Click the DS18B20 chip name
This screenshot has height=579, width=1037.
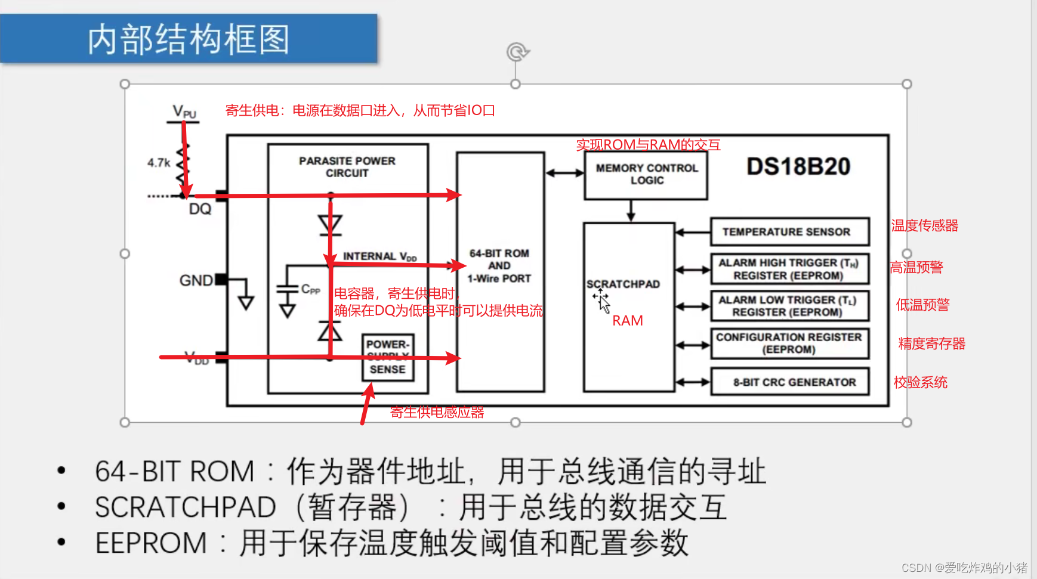pyautogui.click(x=798, y=167)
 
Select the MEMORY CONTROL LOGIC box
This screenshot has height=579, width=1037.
pyautogui.click(x=646, y=175)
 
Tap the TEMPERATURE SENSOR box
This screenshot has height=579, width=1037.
pyautogui.click(x=789, y=232)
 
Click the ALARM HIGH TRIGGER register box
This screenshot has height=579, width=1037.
pyautogui.click(x=789, y=269)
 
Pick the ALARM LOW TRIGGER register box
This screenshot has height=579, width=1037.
pyautogui.click(x=789, y=306)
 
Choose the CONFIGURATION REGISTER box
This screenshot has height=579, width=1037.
pyautogui.click(x=789, y=343)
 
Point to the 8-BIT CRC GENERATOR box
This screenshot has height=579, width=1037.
pyautogui.click(x=789, y=382)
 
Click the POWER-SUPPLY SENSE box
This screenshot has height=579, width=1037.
pyautogui.click(x=388, y=357)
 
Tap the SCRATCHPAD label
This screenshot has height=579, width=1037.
pyautogui.click(x=623, y=284)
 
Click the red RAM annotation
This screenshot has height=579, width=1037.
pyautogui.click(x=628, y=321)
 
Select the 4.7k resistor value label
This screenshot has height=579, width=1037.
pyautogui.click(x=159, y=163)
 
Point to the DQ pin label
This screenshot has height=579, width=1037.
pyautogui.click(x=200, y=209)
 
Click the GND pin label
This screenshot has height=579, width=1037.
pyautogui.click(x=196, y=280)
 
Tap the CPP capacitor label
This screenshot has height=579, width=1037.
pyautogui.click(x=310, y=290)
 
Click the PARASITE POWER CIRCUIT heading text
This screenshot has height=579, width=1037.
pyautogui.click(x=347, y=167)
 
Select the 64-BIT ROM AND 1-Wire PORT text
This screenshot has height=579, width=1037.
pyautogui.click(x=499, y=266)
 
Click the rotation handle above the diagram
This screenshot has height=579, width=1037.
pyautogui.click(x=517, y=52)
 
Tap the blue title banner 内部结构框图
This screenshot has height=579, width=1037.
pyautogui.click(x=189, y=39)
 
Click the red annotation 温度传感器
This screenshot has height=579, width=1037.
pyautogui.click(x=924, y=226)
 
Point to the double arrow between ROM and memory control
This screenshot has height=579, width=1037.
pyautogui.click(x=564, y=173)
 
